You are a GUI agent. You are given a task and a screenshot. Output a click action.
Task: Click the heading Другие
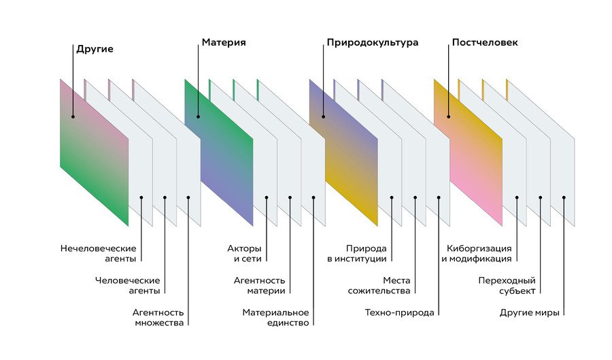point(95,49)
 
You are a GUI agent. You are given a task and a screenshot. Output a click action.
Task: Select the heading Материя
point(224,43)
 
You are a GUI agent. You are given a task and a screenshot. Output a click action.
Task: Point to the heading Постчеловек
point(485,43)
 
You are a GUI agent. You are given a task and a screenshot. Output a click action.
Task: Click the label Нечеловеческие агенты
point(98,253)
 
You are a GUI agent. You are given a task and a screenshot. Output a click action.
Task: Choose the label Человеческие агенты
point(128,285)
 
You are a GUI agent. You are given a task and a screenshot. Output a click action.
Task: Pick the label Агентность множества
point(158,317)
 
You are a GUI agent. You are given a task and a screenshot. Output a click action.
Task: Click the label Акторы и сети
point(244,253)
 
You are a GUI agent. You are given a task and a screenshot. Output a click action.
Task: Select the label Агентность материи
point(259,285)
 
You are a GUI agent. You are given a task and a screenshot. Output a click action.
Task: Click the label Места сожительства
point(387,285)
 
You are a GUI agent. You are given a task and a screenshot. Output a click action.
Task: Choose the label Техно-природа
point(399,313)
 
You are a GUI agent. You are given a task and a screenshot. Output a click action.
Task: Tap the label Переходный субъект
point(507,285)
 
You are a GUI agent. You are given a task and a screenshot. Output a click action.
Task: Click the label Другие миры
point(529,313)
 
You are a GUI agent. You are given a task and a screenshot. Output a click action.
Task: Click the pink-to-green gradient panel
point(94,153)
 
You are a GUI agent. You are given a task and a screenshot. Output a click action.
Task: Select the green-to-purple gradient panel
point(218,153)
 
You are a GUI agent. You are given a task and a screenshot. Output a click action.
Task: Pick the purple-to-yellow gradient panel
point(343,153)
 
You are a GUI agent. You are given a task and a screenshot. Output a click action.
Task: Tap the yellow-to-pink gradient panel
point(468,153)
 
